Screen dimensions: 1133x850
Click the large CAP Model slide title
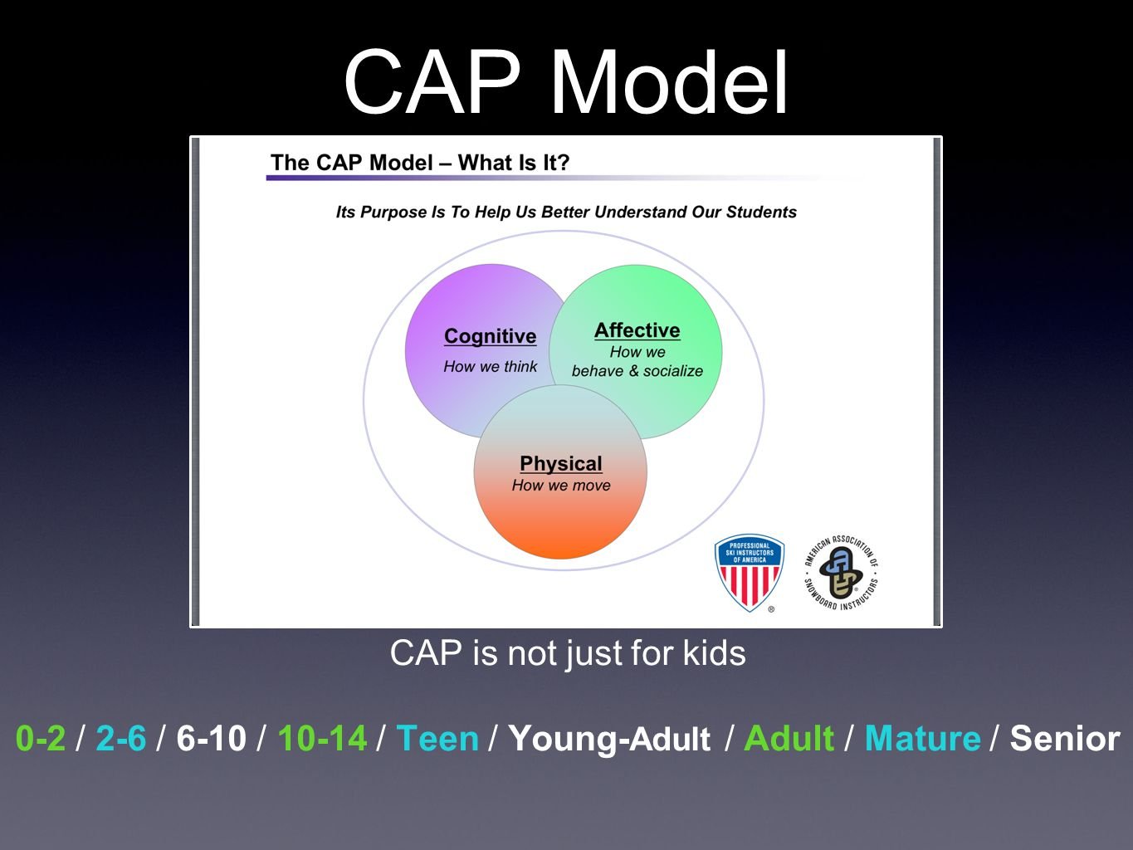pyautogui.click(x=566, y=81)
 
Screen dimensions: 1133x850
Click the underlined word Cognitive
pyautogui.click(x=490, y=336)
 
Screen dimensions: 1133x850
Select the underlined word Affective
pyautogui.click(x=637, y=330)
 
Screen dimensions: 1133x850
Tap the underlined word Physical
pyautogui.click(x=560, y=463)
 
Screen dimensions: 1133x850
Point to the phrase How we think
pyautogui.click(x=490, y=366)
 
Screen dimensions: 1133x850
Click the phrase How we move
pyautogui.click(x=560, y=485)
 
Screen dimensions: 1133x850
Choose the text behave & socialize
pyautogui.click(x=637, y=370)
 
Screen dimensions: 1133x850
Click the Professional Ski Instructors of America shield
pyautogui.click(x=749, y=573)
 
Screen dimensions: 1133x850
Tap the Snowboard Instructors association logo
pyautogui.click(x=841, y=573)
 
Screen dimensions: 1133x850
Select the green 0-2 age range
pyautogui.click(x=41, y=738)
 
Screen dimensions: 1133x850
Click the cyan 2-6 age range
pyautogui.click(x=121, y=738)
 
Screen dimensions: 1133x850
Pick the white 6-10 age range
pyautogui.click(x=211, y=738)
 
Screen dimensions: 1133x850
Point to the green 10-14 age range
pyautogui.click(x=322, y=738)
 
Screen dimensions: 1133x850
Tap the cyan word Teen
pyautogui.click(x=437, y=738)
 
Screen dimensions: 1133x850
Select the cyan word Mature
pyautogui.click(x=922, y=738)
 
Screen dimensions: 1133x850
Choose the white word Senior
pyautogui.click(x=1065, y=738)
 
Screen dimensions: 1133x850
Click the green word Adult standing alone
pyautogui.click(x=789, y=738)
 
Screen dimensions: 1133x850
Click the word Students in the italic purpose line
pyautogui.click(x=761, y=212)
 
